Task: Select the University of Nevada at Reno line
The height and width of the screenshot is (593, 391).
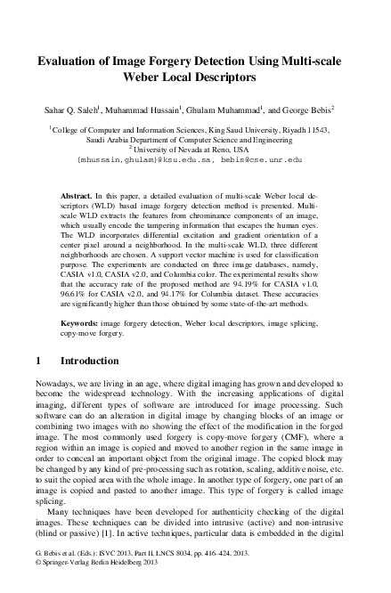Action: tap(195, 149)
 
